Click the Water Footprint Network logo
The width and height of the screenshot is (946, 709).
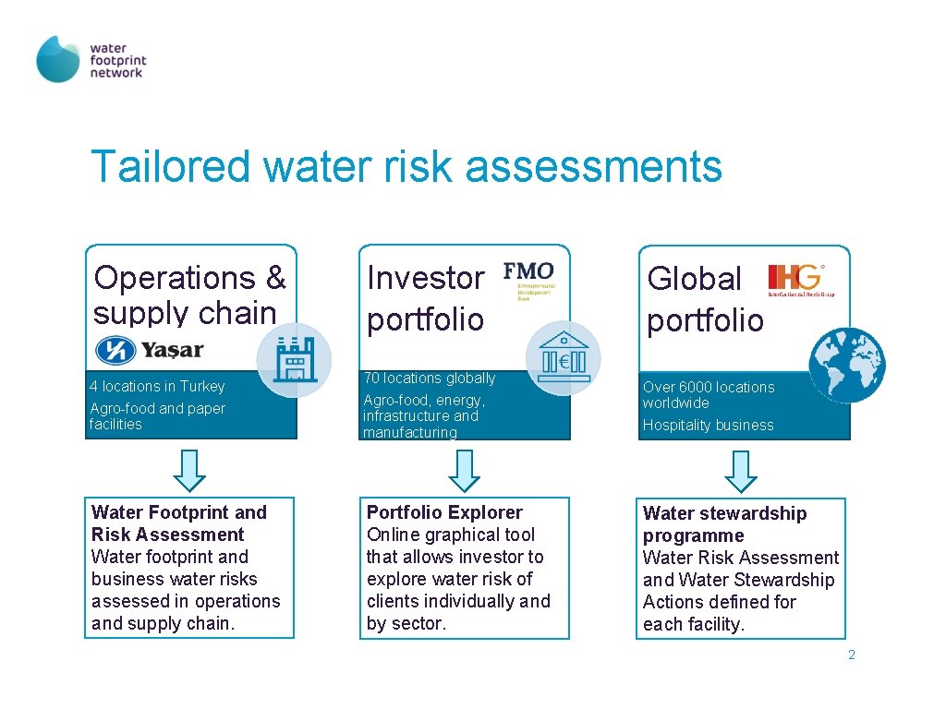(x=91, y=59)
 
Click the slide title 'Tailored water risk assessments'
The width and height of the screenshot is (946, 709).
(x=406, y=167)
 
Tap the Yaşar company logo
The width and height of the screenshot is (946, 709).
(x=151, y=351)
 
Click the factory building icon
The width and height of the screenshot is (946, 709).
(x=293, y=359)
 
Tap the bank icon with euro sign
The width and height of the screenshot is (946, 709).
(x=563, y=358)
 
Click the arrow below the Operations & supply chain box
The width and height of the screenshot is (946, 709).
(x=190, y=469)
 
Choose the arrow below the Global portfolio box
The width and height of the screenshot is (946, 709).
(x=741, y=469)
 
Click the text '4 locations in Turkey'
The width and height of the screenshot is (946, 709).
(x=157, y=386)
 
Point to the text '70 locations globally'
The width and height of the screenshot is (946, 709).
(x=429, y=378)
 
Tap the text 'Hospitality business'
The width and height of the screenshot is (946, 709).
(x=708, y=426)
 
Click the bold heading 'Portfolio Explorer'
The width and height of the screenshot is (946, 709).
(x=444, y=512)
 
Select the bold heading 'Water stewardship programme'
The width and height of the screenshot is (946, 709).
(x=724, y=524)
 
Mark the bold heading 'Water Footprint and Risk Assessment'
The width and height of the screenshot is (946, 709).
(x=178, y=523)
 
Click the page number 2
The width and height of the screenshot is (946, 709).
(x=851, y=655)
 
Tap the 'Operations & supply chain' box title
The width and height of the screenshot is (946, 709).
(x=189, y=295)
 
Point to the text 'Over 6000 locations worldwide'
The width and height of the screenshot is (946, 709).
(x=708, y=394)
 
